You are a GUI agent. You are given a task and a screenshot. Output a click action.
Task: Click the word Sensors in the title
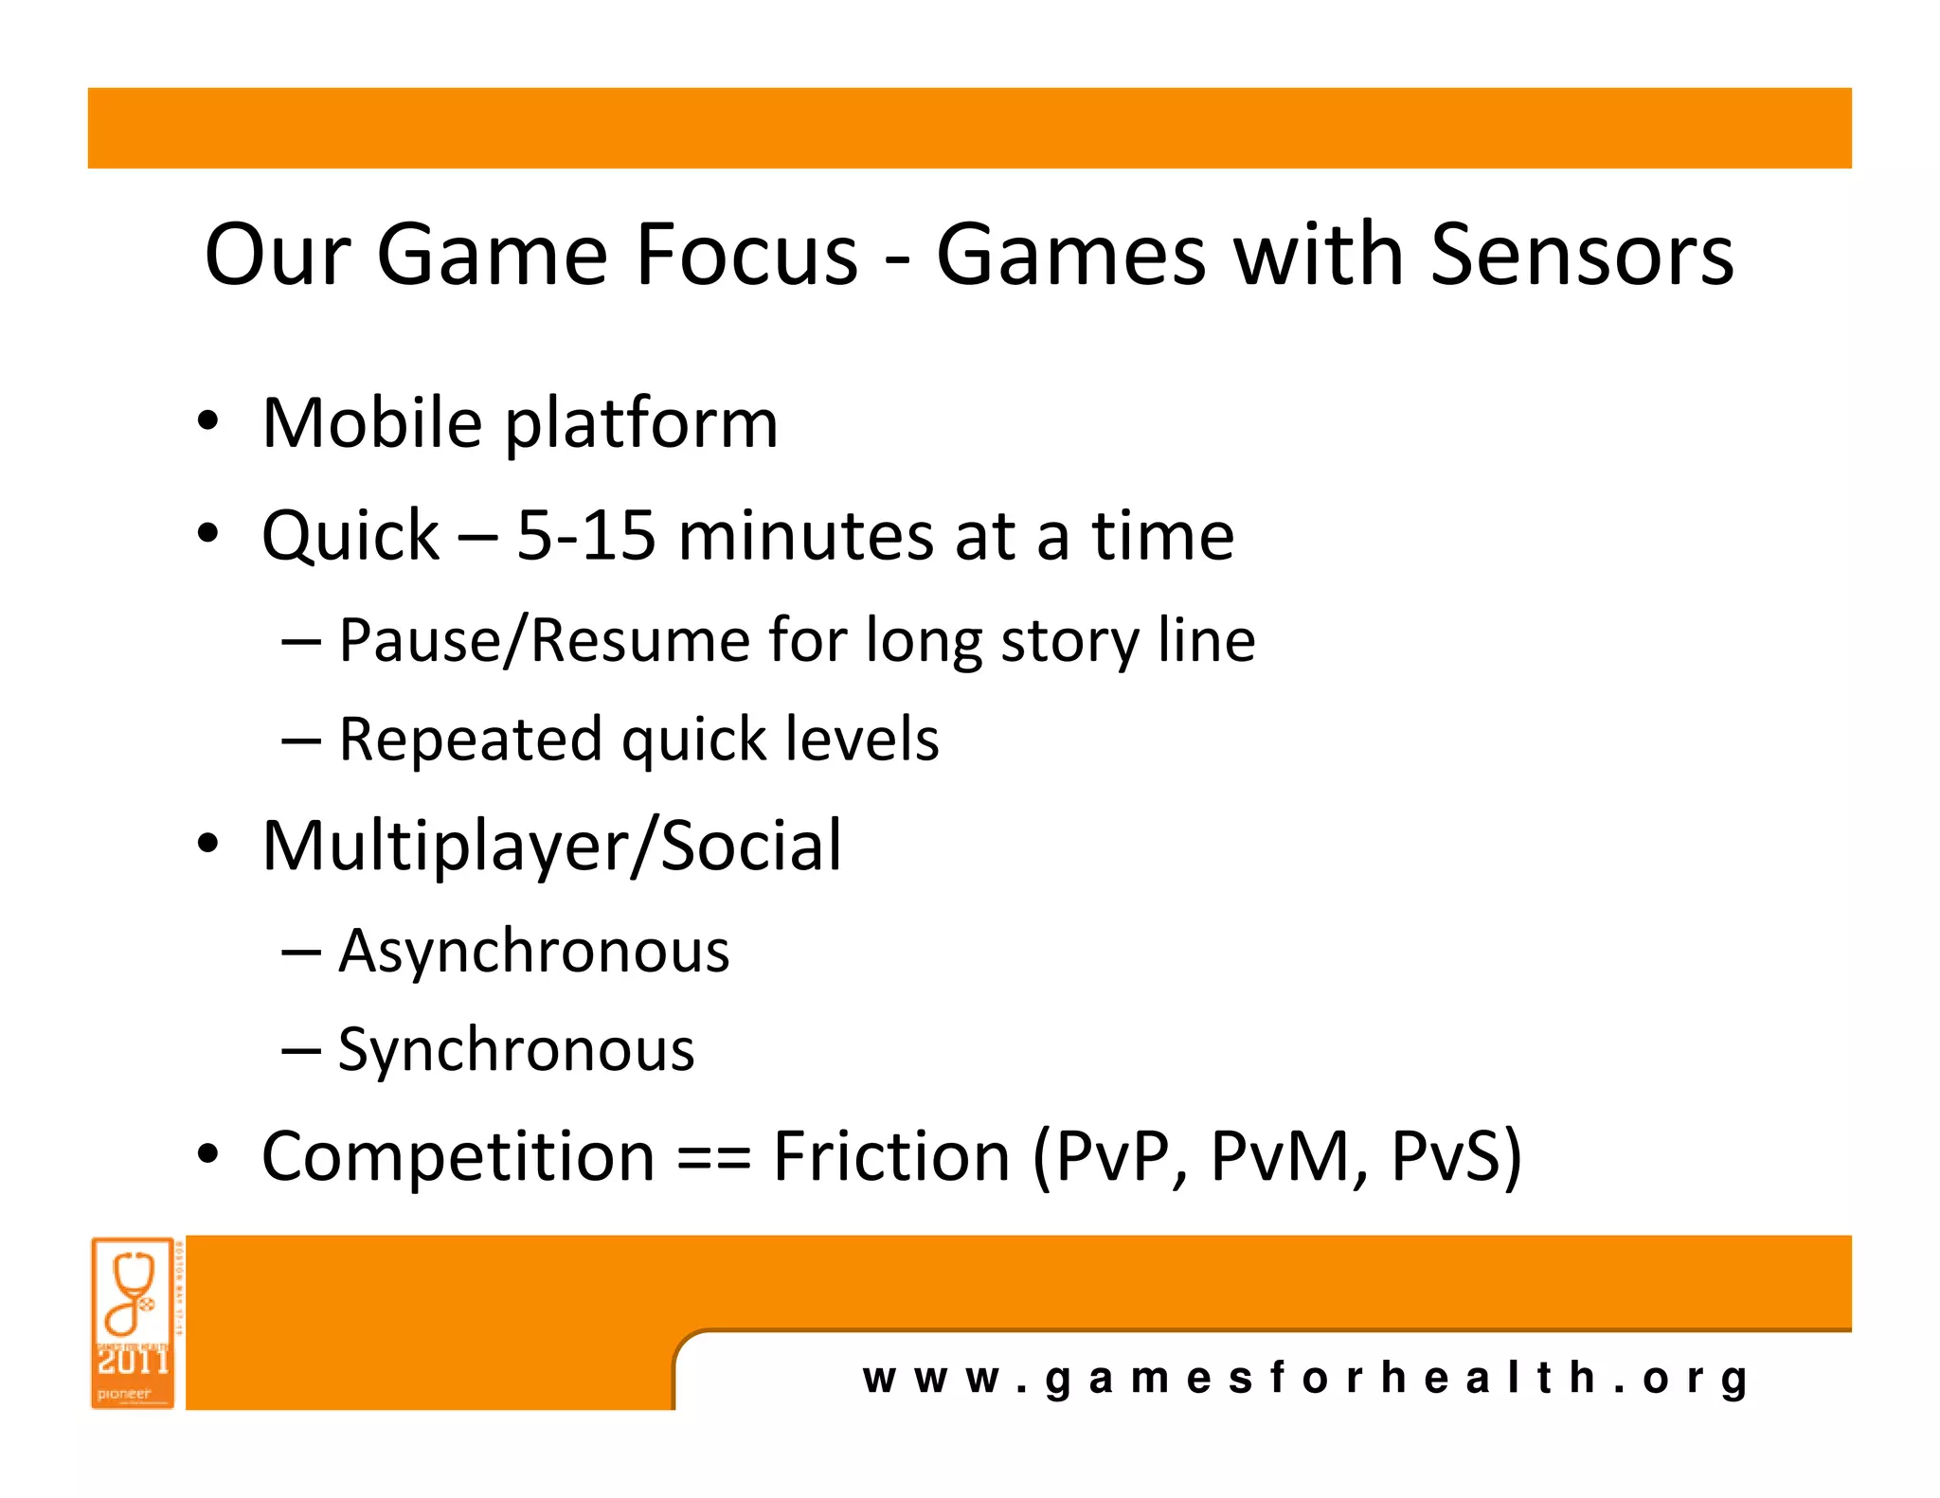point(1581,256)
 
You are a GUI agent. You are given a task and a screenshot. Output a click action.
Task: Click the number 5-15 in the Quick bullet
point(585,536)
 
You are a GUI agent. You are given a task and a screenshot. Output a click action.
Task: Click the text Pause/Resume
point(543,640)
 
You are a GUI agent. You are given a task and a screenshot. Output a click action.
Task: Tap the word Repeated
point(470,740)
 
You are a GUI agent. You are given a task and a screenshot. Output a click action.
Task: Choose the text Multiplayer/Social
point(551,846)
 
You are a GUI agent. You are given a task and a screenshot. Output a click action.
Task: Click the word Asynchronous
point(534,952)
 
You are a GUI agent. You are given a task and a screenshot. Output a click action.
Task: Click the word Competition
point(458,1157)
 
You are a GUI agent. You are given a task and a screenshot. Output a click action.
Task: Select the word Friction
point(891,1157)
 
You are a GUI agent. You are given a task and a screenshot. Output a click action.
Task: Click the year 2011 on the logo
point(133,1362)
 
